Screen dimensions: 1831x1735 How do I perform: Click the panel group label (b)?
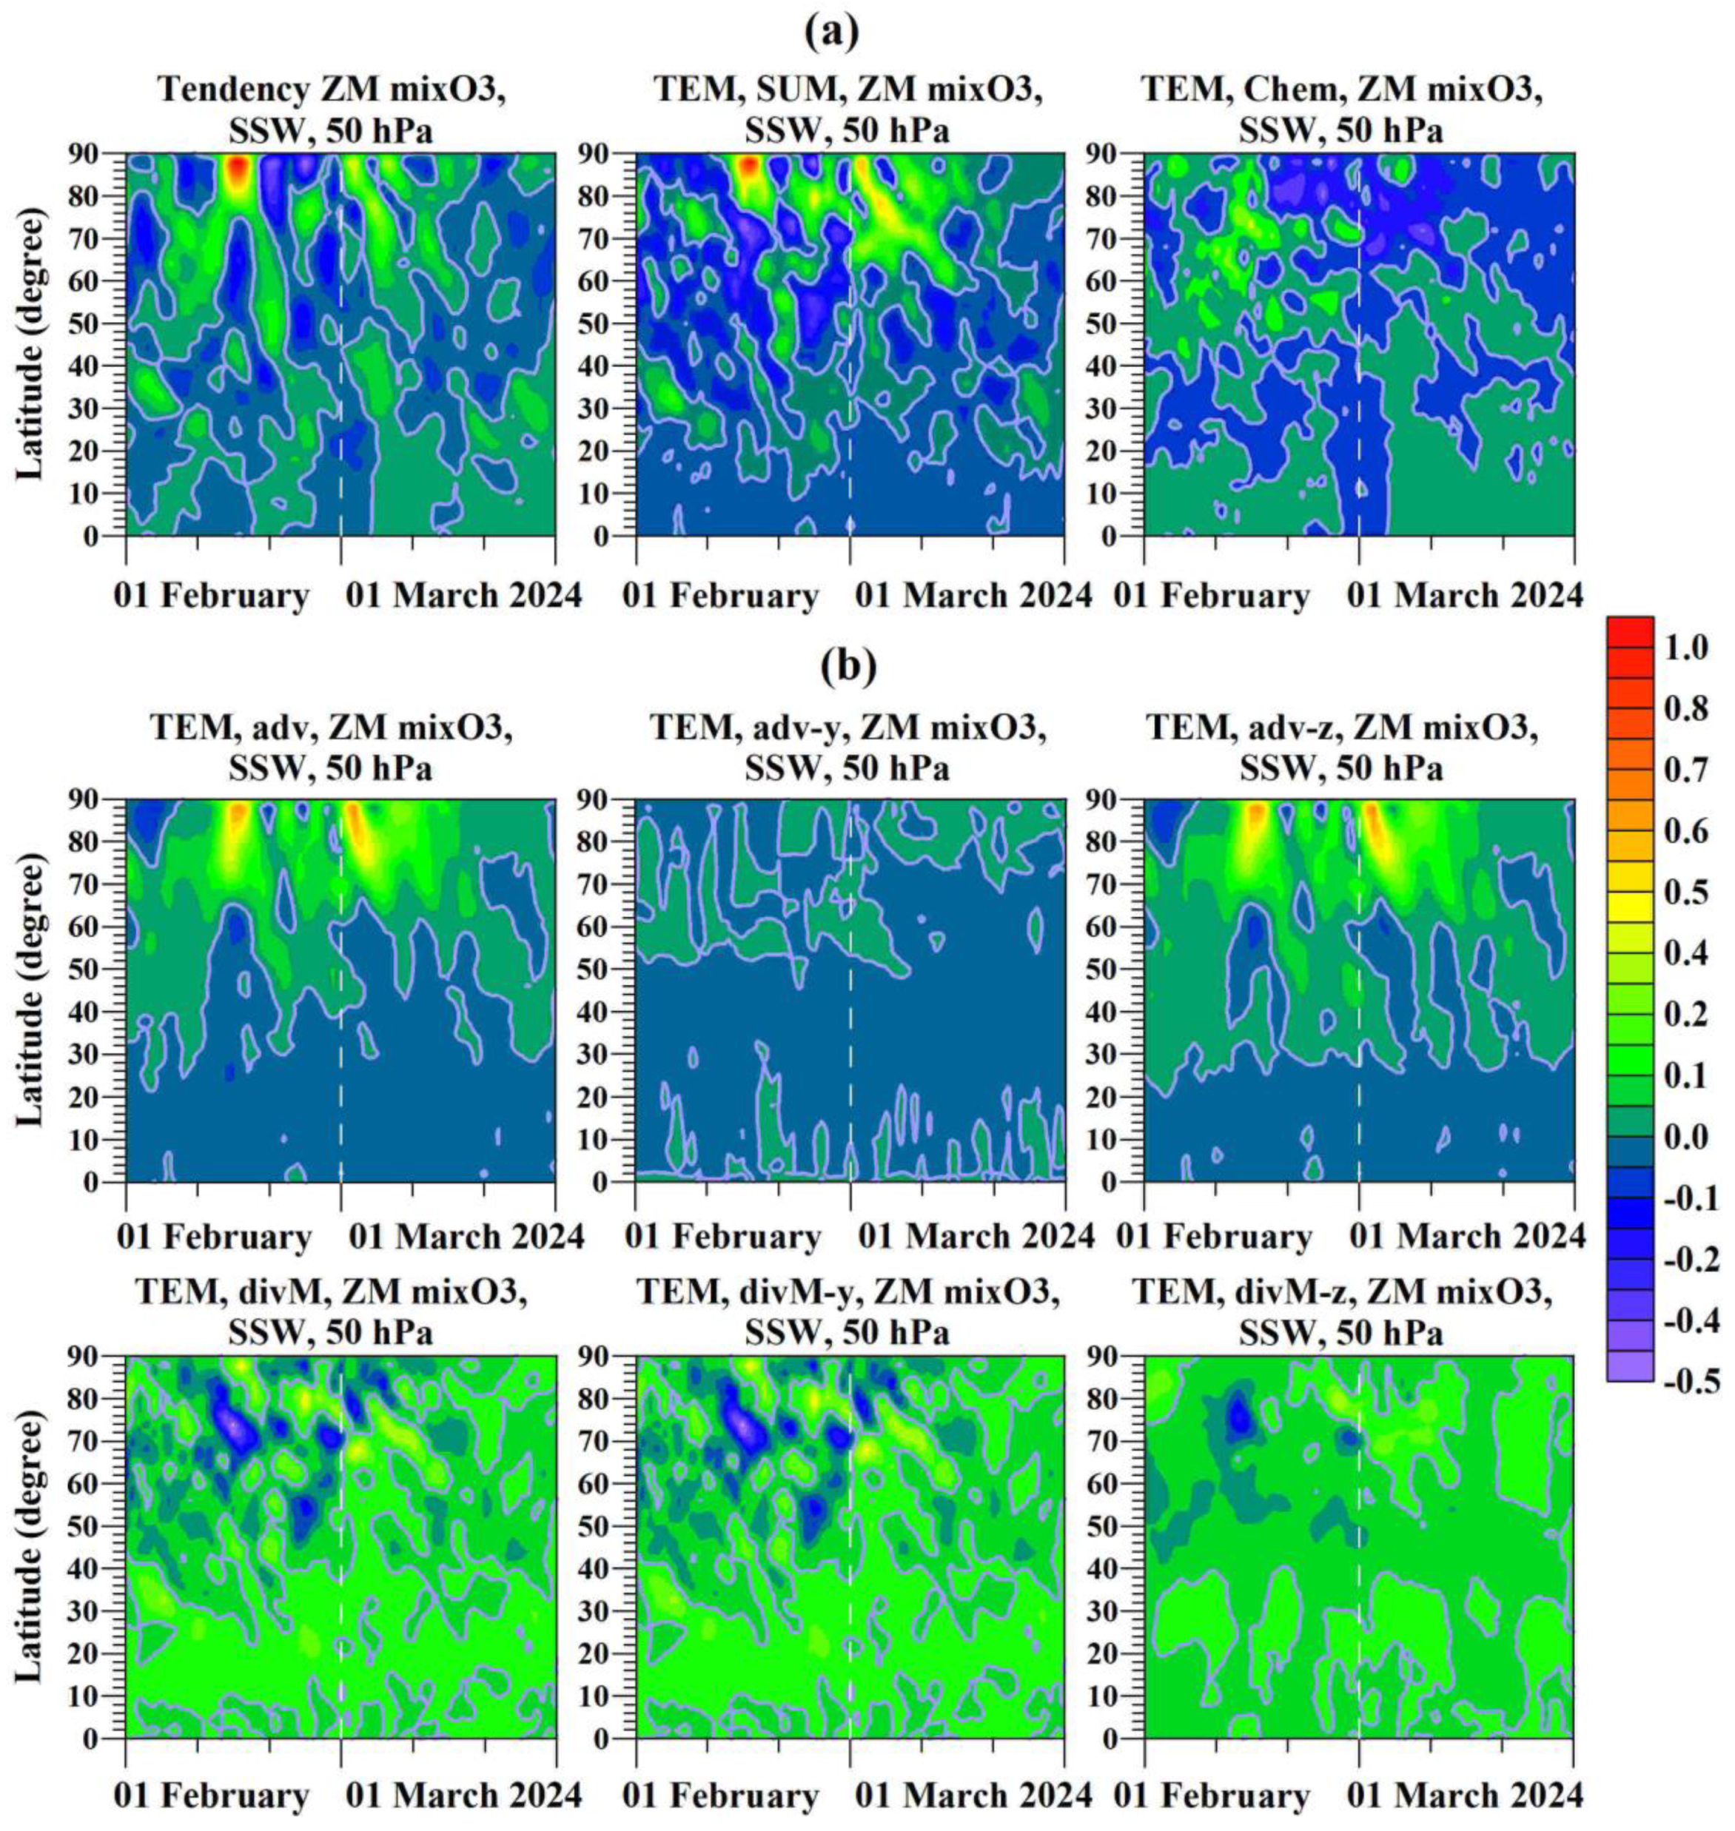[848, 668]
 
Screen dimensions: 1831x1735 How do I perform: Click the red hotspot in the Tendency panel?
[238, 169]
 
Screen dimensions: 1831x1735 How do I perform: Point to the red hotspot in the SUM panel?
[748, 166]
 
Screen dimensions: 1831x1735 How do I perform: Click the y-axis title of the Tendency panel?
[30, 344]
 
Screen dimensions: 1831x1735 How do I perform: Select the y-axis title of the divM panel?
[30, 1546]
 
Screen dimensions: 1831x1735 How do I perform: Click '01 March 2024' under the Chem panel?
[1466, 596]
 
